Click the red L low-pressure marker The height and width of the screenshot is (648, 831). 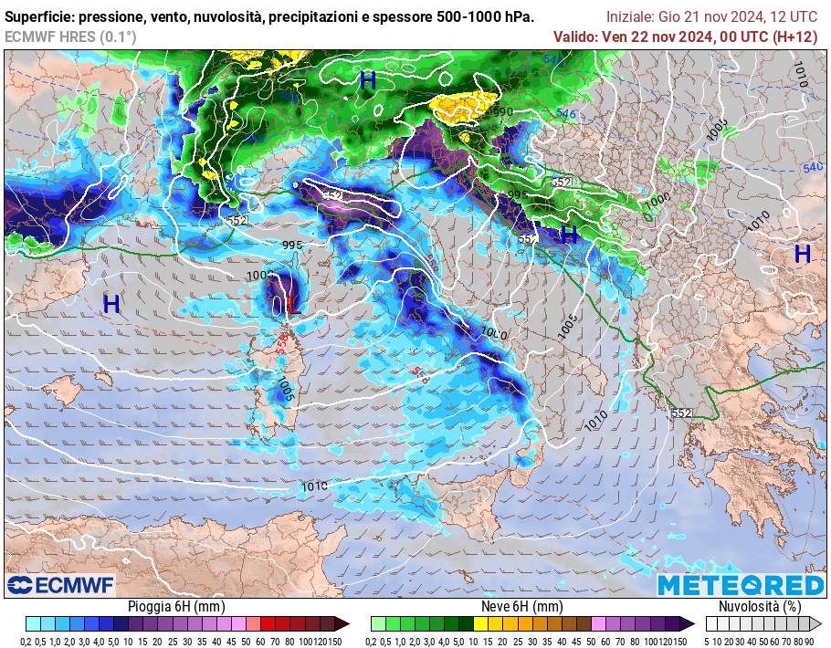point(292,305)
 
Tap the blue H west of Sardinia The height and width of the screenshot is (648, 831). point(110,305)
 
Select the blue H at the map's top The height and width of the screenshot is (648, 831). point(367,80)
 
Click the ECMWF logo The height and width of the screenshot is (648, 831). point(60,584)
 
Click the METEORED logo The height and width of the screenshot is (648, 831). point(741,585)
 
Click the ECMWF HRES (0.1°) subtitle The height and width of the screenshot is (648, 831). point(70,37)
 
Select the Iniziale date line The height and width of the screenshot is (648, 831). point(711,17)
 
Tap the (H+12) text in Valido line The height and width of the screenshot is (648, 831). point(795,37)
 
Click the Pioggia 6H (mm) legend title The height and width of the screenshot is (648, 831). point(176,606)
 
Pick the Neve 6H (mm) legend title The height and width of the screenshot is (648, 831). point(521,606)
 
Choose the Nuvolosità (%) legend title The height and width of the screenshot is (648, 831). point(760,606)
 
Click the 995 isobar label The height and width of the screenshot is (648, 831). point(292,246)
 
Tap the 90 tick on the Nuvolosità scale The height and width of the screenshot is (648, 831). point(809,641)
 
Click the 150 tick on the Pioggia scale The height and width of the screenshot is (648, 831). point(334,641)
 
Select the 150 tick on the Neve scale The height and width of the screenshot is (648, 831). point(679,641)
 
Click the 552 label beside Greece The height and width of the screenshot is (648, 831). point(681,413)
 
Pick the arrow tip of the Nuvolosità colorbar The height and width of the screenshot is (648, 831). point(818,624)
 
